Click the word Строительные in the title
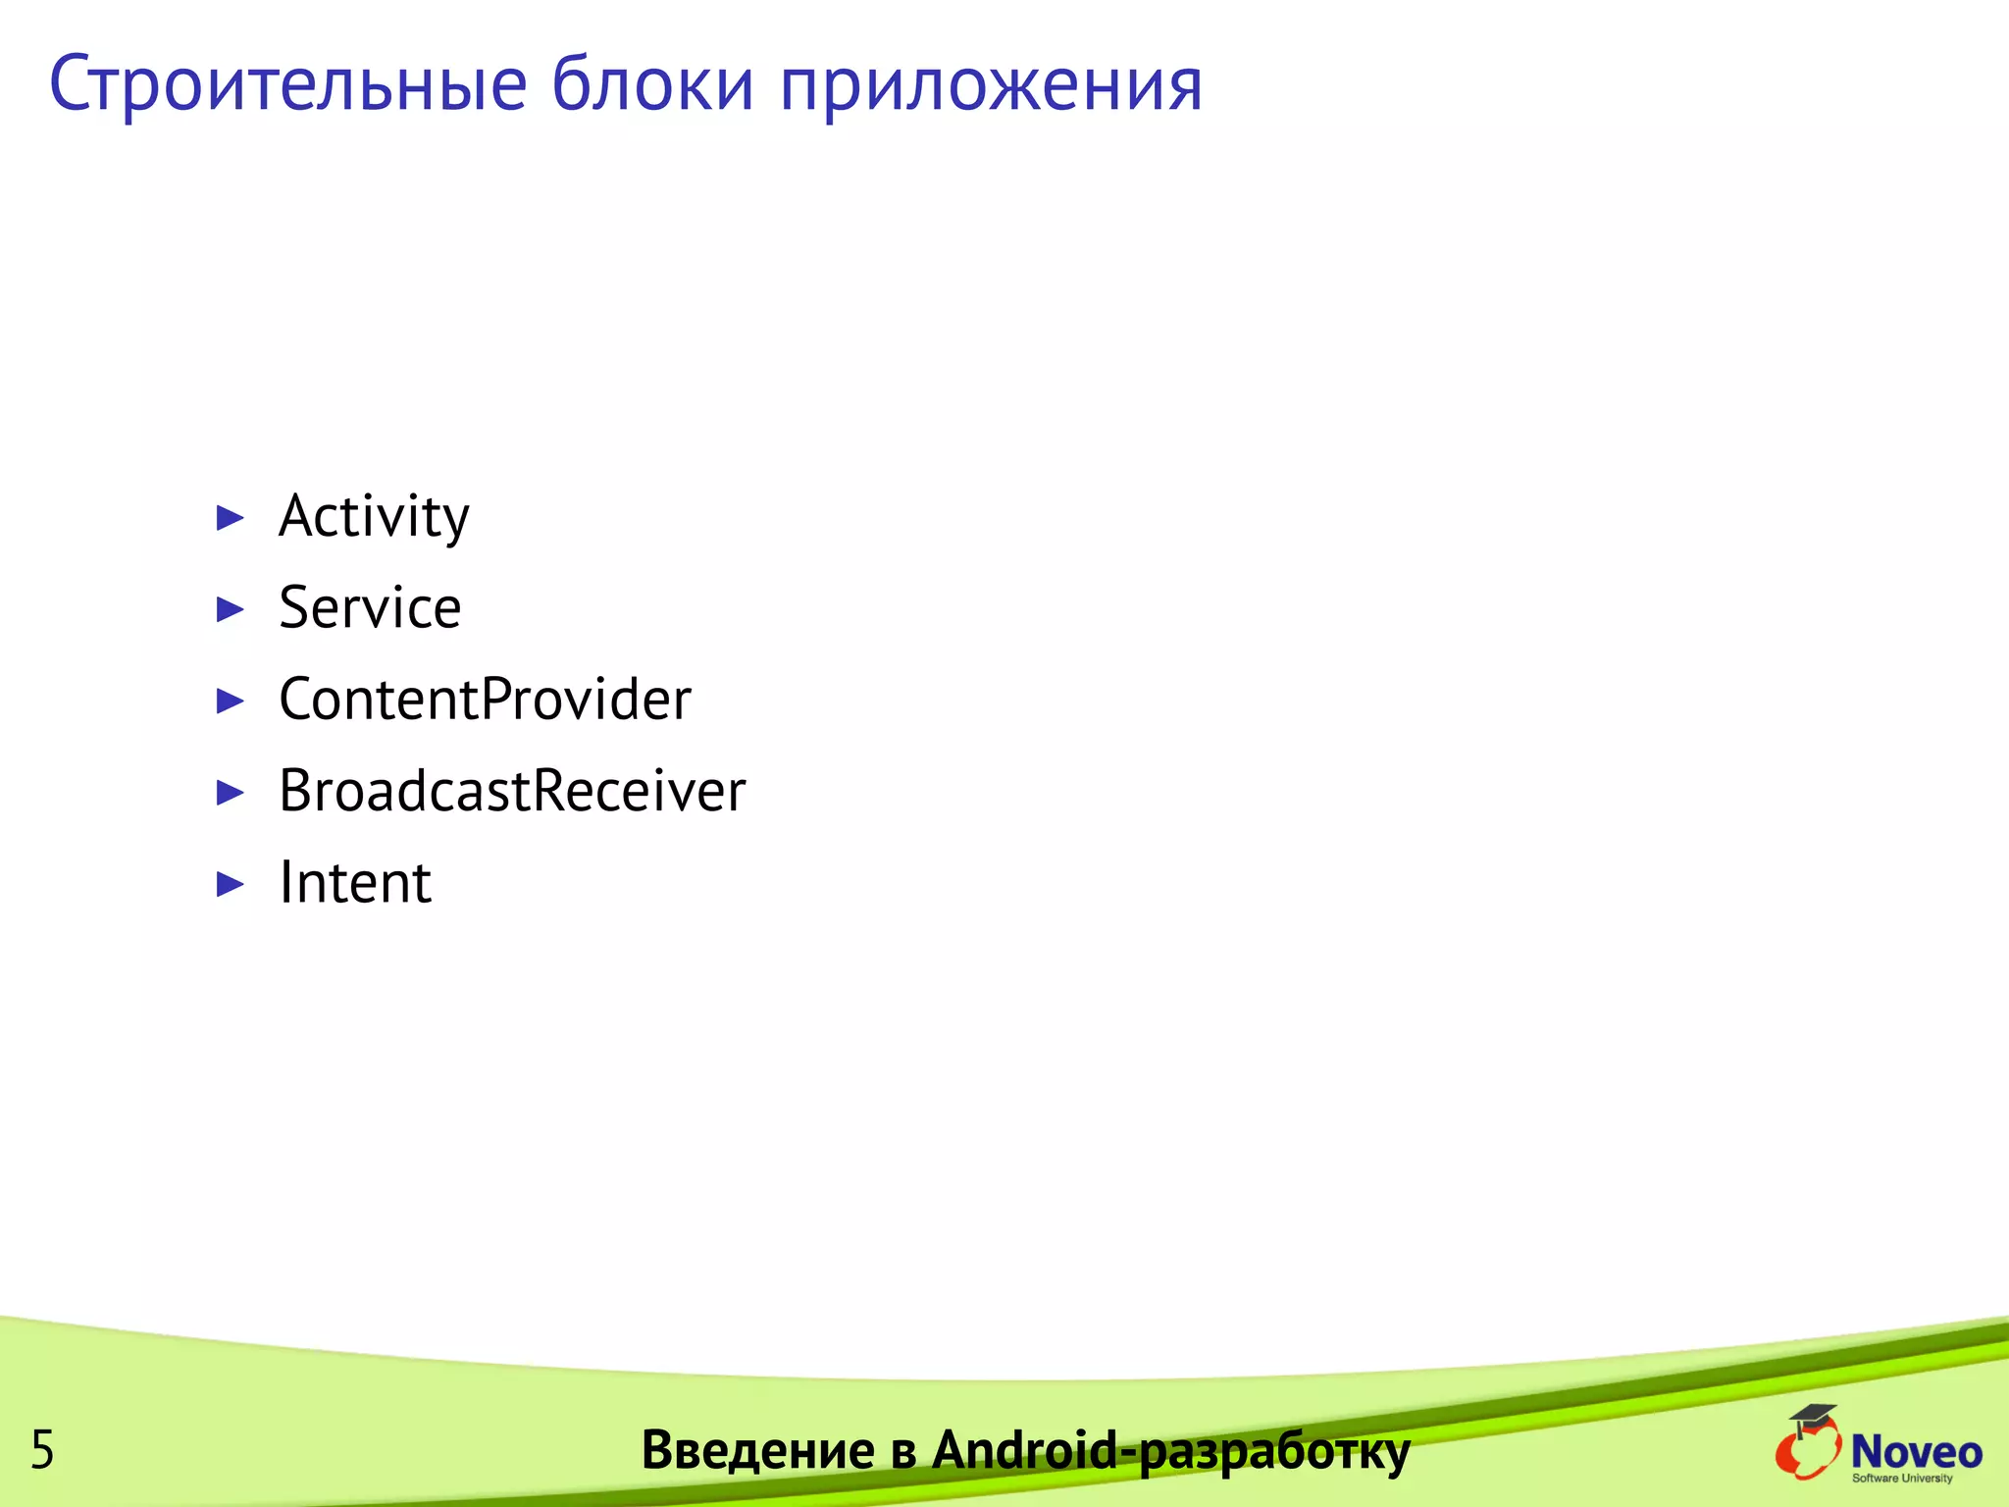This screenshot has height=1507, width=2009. coord(288,86)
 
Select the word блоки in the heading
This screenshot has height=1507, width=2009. coord(652,84)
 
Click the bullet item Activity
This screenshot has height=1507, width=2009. coord(374,517)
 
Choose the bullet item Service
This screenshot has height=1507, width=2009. coord(370,608)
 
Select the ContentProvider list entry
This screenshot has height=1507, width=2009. coord(485,700)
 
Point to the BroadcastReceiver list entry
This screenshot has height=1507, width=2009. coord(512,791)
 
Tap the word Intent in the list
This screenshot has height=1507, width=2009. coord(355,883)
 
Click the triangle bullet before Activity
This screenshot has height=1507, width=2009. coord(230,518)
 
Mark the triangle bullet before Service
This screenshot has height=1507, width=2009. coord(230,609)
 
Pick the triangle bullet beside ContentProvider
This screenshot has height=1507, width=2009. coord(230,701)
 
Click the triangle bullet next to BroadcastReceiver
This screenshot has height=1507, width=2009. coord(230,792)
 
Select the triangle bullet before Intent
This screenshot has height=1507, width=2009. coord(230,884)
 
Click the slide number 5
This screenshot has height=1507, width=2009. coord(42,1450)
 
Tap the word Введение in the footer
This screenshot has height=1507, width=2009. coord(757,1450)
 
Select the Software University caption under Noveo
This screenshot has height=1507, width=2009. coord(1902,1479)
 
